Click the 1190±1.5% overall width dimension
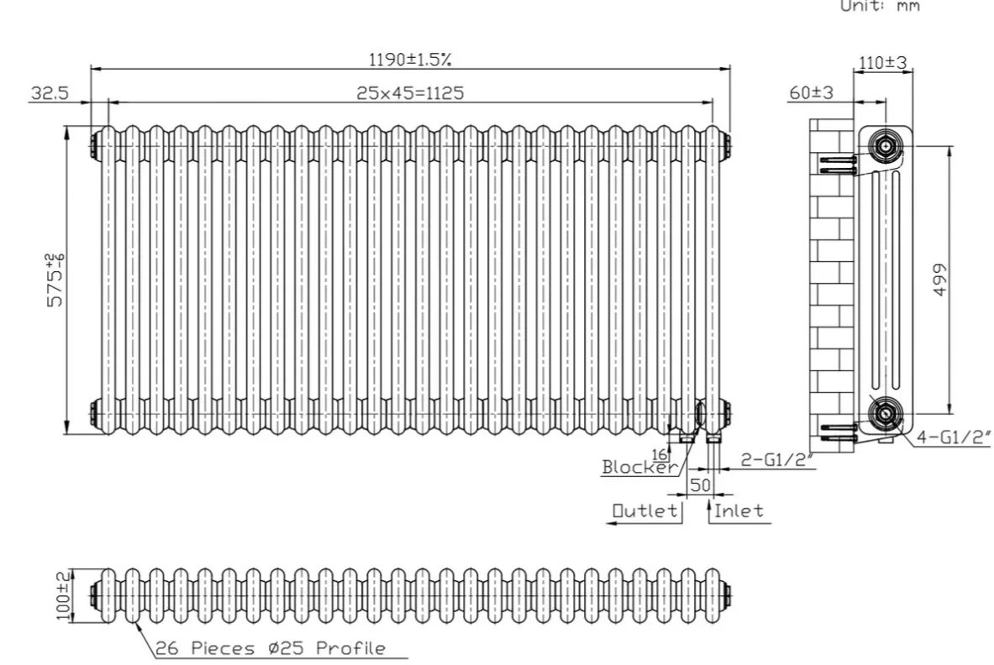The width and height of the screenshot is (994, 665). pyautogui.click(x=410, y=60)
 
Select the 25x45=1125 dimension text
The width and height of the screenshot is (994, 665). pyautogui.click(x=410, y=93)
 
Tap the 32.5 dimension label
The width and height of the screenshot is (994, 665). pyautogui.click(x=50, y=93)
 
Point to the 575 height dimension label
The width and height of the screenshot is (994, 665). pyautogui.click(x=55, y=280)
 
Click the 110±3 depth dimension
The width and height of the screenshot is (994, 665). pyautogui.click(x=882, y=63)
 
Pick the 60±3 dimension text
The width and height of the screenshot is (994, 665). pyautogui.click(x=812, y=92)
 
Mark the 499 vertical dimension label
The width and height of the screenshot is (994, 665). pyautogui.click(x=940, y=280)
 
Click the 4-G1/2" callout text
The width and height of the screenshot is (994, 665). pyautogui.click(x=953, y=437)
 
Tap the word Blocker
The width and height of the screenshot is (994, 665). pyautogui.click(x=639, y=467)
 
